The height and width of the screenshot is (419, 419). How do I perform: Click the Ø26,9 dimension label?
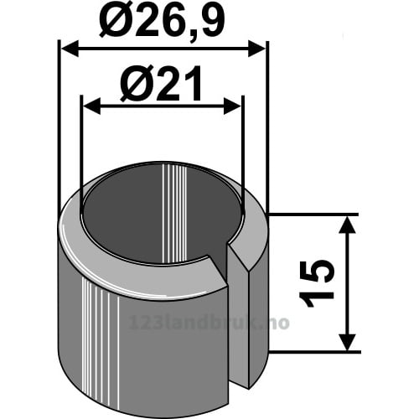click(162, 22)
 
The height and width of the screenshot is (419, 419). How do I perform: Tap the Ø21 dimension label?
click(161, 83)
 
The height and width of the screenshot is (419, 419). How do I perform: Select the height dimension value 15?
click(317, 283)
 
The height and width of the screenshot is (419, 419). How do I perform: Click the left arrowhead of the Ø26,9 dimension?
click(70, 49)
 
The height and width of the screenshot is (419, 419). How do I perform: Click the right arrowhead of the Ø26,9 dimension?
click(256, 49)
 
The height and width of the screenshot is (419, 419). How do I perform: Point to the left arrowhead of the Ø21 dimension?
click(92, 106)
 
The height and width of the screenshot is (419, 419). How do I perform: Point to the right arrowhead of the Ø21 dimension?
click(232, 106)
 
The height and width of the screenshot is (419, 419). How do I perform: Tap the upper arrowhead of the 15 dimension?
click(347, 225)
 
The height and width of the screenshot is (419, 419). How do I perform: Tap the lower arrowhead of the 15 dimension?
click(347, 342)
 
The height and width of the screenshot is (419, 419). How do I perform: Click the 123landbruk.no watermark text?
click(209, 323)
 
